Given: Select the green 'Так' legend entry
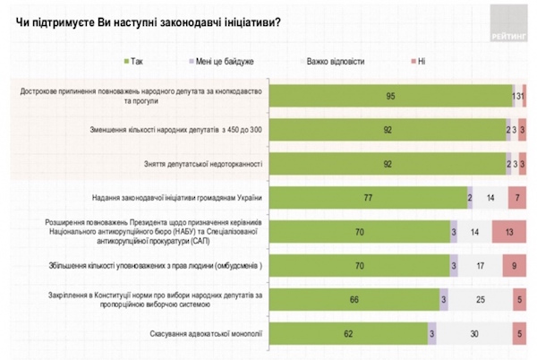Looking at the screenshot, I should (x=134, y=63).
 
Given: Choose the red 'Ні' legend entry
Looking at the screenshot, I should (x=419, y=63).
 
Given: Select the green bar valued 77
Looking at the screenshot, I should (x=368, y=197).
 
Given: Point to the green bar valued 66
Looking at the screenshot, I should (x=354, y=298).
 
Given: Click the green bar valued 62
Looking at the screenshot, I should (x=348, y=333).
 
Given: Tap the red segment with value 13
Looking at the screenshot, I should (x=507, y=231).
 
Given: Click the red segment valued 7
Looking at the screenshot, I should (x=516, y=197).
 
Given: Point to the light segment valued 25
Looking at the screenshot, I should (x=480, y=298).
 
